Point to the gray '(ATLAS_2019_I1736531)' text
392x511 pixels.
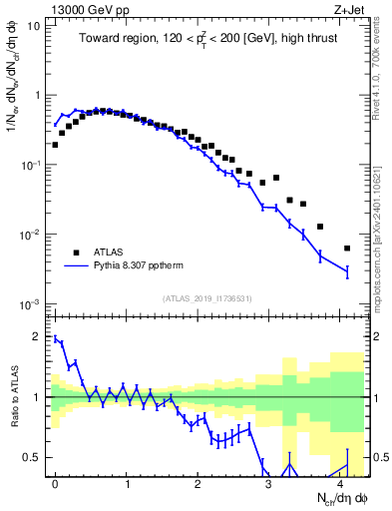pyautogui.click(x=206, y=298)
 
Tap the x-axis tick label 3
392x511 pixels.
pyautogui.click(x=268, y=482)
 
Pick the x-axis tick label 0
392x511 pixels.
pyautogui.click(x=55, y=482)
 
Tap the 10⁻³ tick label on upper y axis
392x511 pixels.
pyautogui.click(x=32, y=303)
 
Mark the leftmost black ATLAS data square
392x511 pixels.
pyautogui.click(x=55, y=145)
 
